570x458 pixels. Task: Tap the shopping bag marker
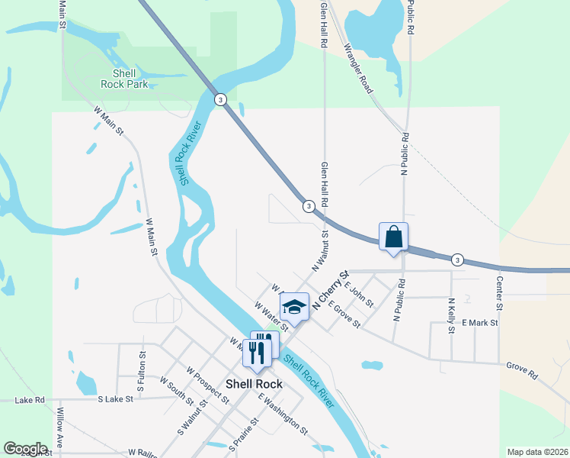point(393,237)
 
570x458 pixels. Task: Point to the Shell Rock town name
point(254,384)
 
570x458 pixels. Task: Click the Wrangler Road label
point(358,69)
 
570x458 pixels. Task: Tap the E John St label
point(358,293)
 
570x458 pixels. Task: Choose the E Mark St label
point(479,323)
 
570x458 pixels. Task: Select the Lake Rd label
point(29,399)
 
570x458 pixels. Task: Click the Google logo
point(25,449)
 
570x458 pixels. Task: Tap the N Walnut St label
point(319,252)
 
